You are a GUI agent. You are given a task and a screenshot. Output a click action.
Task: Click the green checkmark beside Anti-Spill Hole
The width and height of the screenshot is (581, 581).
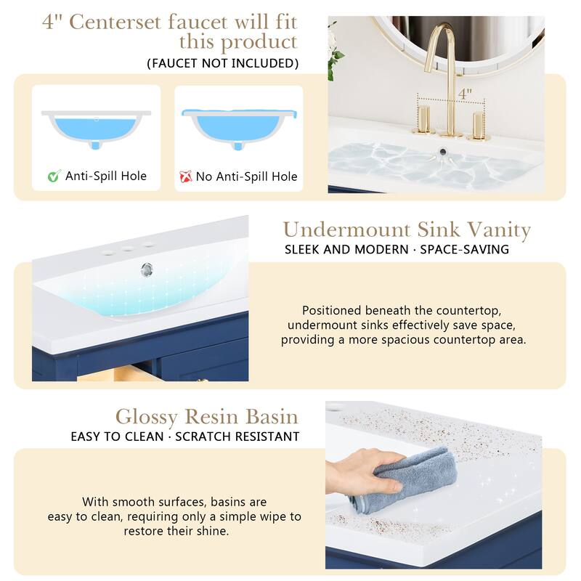pyautogui.click(x=53, y=176)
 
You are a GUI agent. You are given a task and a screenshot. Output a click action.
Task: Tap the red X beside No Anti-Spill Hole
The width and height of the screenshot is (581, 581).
pyautogui.click(x=184, y=176)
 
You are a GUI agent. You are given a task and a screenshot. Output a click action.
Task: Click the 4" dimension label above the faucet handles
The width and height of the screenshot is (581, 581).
pyautogui.click(x=465, y=94)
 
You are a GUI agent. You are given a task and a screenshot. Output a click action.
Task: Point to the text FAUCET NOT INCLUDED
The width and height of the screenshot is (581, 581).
pyautogui.click(x=223, y=63)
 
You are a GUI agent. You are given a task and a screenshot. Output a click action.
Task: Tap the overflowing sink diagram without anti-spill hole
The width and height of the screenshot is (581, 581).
pyautogui.click(x=238, y=131)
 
